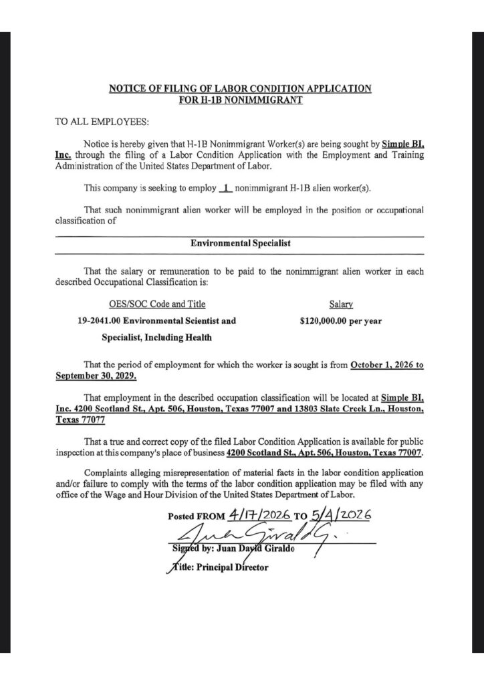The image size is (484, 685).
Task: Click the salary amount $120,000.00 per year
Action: [x=341, y=321]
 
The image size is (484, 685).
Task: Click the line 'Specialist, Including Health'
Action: [x=156, y=338]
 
